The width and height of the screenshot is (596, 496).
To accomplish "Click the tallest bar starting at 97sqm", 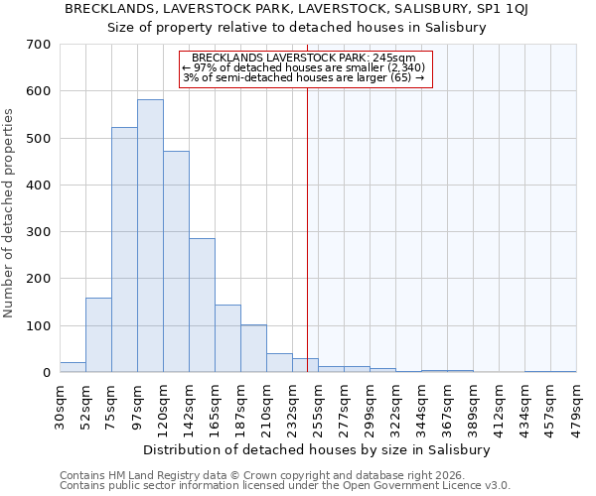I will pyautogui.click(x=150, y=236).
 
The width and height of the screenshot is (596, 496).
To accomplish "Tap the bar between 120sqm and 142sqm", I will pyautogui.click(x=176, y=262).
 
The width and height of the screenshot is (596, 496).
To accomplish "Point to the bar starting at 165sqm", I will pyautogui.click(x=227, y=338).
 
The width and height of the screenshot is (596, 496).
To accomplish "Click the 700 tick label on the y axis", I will pyautogui.click(x=39, y=45).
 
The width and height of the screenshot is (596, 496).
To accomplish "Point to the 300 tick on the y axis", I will pyautogui.click(x=39, y=232).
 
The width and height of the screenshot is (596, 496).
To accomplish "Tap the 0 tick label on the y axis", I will pyautogui.click(x=46, y=373).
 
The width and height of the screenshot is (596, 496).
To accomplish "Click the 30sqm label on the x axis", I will pyautogui.click(x=61, y=405).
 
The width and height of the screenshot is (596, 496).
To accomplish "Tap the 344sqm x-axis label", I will pyautogui.click(x=422, y=407).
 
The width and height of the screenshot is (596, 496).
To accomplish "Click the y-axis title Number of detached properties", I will pyautogui.click(x=10, y=213).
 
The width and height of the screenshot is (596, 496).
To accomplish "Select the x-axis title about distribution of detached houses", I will pyautogui.click(x=317, y=449).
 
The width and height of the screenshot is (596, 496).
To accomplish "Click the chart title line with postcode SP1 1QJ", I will pyautogui.click(x=297, y=9).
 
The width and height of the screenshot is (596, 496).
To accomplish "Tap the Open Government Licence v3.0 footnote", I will pyautogui.click(x=285, y=486).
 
